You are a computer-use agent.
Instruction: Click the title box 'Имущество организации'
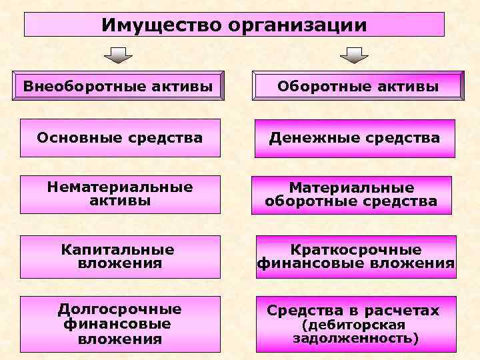pyautogui.click(x=234, y=25)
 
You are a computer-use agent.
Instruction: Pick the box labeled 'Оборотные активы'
pyautogui.click(x=358, y=86)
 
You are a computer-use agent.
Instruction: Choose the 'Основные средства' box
pyautogui.click(x=120, y=138)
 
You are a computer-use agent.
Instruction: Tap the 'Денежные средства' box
pyautogui.click(x=355, y=138)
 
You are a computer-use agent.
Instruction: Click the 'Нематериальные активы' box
pyautogui.click(x=120, y=194)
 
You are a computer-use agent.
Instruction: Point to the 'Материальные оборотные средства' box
pyautogui.click(x=351, y=195)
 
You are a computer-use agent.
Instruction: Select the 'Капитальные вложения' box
pyautogui.click(x=120, y=257)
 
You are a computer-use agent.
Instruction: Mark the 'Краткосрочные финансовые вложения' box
pyautogui.click(x=356, y=257)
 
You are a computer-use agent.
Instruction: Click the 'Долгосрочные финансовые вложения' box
pyautogui.click(x=120, y=324)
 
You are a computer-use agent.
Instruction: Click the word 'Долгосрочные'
pyautogui.click(x=120, y=309)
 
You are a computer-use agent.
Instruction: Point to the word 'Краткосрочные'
pyautogui.click(x=356, y=250)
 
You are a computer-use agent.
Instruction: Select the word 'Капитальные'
pyautogui.click(x=118, y=250)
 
